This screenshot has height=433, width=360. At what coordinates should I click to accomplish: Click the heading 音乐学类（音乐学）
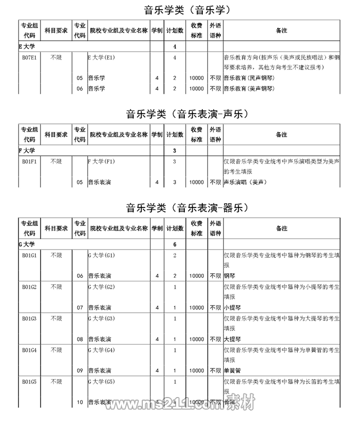(x=186, y=10)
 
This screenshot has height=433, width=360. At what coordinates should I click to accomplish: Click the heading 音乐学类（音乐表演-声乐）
(x=187, y=114)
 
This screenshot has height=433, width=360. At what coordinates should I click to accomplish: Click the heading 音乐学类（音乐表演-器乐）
(x=187, y=208)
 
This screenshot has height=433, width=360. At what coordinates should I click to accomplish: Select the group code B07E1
(x=29, y=58)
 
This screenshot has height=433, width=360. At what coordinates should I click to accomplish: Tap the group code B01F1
(x=29, y=161)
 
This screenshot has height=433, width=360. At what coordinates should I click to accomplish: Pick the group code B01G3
(x=29, y=318)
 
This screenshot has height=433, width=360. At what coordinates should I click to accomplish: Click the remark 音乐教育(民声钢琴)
(x=250, y=78)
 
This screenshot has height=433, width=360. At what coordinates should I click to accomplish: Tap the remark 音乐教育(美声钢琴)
(x=250, y=89)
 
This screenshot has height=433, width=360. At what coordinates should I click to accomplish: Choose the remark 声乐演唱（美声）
(x=245, y=182)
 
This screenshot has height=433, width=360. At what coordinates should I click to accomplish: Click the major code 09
(x=80, y=370)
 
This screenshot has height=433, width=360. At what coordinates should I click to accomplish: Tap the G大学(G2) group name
(x=102, y=287)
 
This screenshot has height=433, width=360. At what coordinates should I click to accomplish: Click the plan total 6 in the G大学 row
(x=175, y=244)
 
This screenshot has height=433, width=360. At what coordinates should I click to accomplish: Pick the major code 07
(x=80, y=308)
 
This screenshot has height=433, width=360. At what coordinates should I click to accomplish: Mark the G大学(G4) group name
(x=102, y=350)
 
